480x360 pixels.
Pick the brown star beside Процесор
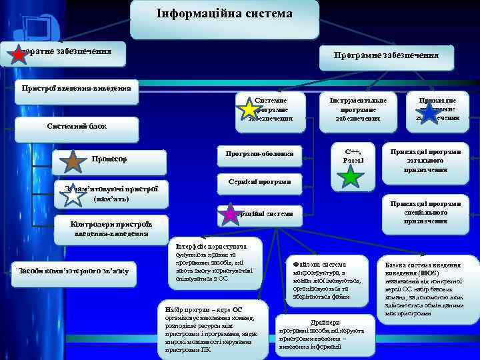tap(73, 160)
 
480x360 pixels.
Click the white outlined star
tap(72, 193)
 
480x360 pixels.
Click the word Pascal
tap(353, 161)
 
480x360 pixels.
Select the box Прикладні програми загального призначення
tap(425, 160)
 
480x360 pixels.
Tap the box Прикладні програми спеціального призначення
tap(425, 212)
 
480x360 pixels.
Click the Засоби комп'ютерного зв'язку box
tap(74, 270)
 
